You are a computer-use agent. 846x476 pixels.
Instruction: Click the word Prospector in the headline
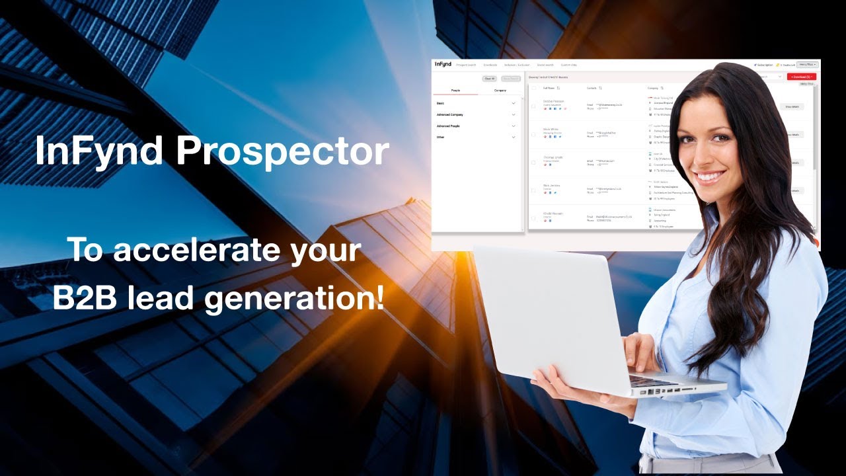click(x=283, y=151)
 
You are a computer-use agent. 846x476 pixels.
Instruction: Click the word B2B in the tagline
click(x=85, y=298)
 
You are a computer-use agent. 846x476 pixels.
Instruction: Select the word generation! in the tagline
click(x=295, y=299)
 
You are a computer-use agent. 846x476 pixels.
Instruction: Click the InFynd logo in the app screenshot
click(x=443, y=64)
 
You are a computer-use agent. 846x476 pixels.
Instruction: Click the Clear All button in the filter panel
click(x=489, y=79)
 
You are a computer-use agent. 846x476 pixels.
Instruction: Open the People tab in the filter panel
click(x=455, y=90)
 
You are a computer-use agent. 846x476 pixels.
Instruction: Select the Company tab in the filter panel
click(x=500, y=90)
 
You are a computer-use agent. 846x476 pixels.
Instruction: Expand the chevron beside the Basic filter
click(x=514, y=103)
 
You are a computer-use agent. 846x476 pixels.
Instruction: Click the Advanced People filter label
click(x=448, y=126)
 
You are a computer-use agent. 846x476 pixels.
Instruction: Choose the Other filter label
click(x=440, y=137)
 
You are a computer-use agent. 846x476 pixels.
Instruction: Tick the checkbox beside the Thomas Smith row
click(x=533, y=163)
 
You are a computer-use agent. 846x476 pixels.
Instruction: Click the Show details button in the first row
click(x=792, y=106)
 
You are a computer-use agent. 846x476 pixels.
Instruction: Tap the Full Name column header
click(x=549, y=87)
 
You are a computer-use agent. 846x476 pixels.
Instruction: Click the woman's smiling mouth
click(x=711, y=177)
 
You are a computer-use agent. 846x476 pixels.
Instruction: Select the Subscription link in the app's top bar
click(x=764, y=65)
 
